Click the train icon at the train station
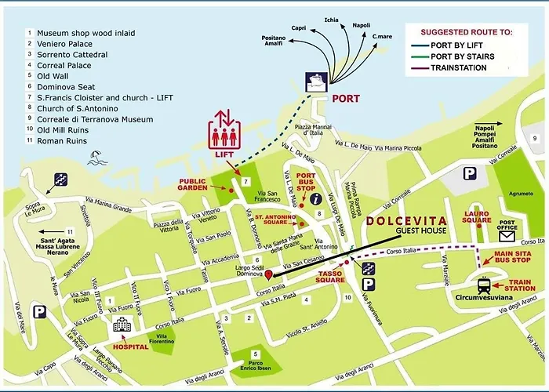click(x=485, y=286)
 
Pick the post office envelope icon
click(x=507, y=234)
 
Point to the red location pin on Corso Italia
click(x=268, y=274)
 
